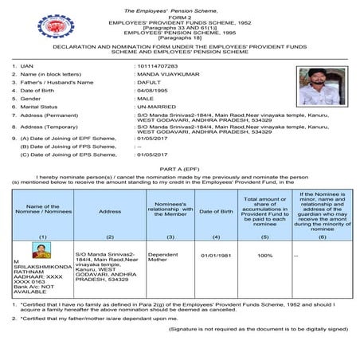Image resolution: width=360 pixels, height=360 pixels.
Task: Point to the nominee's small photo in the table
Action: (37, 248)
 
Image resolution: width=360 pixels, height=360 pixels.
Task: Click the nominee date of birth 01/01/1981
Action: (215, 256)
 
